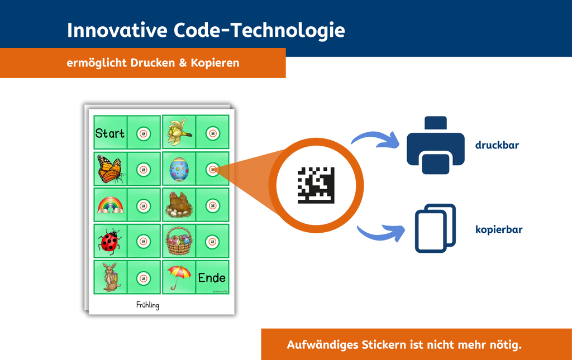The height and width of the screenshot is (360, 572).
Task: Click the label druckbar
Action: pos(497,146)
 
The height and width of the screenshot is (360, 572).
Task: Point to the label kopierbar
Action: pos(499,229)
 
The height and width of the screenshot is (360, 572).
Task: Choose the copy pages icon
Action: pos(435,228)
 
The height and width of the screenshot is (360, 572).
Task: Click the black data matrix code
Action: pos(316,185)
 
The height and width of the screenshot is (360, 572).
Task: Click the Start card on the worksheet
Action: pos(110,133)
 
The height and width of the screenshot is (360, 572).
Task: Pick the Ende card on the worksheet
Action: pos(212,277)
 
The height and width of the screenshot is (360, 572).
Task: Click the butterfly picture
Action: pos(109,169)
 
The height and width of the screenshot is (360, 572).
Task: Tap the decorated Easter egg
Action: pos(179,170)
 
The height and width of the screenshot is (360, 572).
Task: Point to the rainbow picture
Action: pos(110,205)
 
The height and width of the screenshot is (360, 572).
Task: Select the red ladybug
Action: pos(109,241)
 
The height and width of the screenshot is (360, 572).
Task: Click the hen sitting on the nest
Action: pos(179,204)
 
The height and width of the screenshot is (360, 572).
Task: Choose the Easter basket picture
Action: pos(179,241)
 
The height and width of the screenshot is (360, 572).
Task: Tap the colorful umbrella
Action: pos(179,276)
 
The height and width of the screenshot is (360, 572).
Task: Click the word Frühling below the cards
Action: pos(147,305)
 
